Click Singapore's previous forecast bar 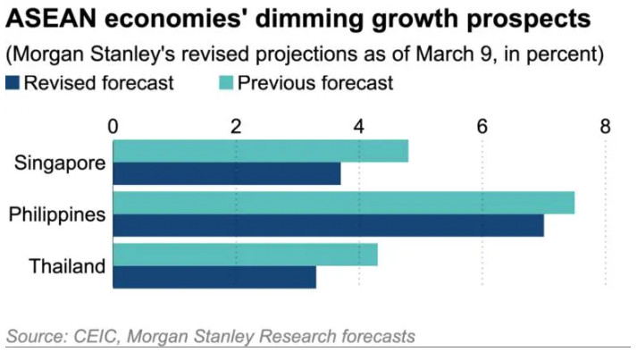tap(260, 151)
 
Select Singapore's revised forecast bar tap(226, 173)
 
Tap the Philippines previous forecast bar tap(343, 203)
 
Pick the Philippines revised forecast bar tap(328, 225)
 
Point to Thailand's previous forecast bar tap(245, 255)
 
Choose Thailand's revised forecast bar tap(214, 277)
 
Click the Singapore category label tap(61, 163)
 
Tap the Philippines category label tap(57, 214)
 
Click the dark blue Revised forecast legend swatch tap(13, 84)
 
